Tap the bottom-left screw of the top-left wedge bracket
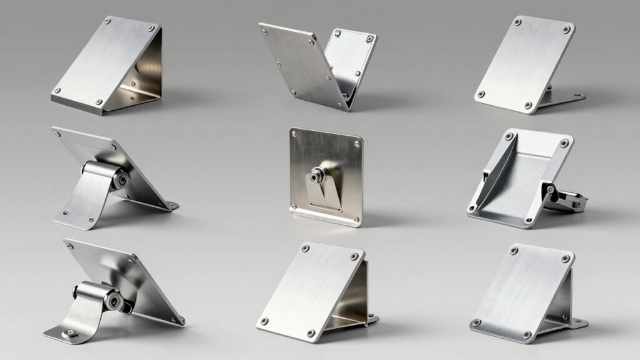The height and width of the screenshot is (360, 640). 58,90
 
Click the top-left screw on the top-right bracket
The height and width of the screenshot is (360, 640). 517,23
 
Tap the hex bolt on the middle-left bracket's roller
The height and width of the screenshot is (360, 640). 120,178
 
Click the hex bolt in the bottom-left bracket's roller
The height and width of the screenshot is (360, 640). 114,301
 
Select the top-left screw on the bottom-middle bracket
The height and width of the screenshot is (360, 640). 305,249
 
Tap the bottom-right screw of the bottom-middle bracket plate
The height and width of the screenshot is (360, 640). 311,333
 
